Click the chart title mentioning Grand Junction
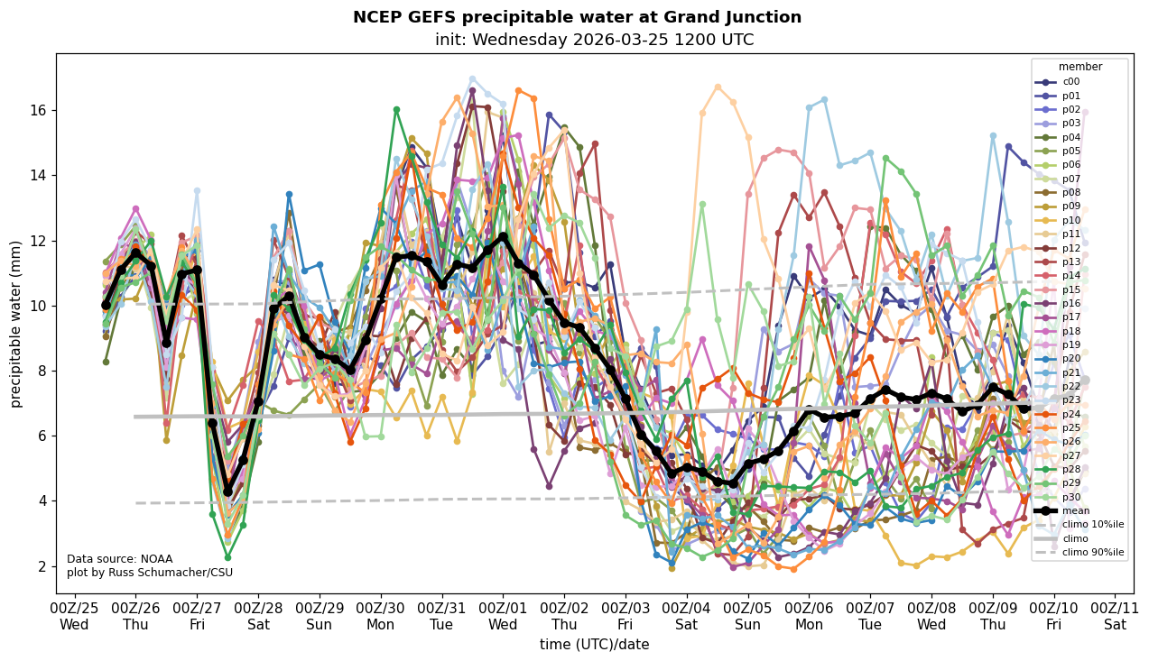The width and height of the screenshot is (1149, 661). click(x=577, y=17)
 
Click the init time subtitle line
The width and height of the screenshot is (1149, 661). click(x=594, y=40)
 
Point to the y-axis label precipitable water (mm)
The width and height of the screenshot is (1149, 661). click(x=16, y=324)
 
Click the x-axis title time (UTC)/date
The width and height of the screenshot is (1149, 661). click(x=594, y=645)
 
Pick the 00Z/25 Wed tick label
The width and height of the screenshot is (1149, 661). click(x=74, y=616)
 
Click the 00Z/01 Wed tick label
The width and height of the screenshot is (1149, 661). click(x=503, y=616)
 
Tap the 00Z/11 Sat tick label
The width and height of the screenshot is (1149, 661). click(x=1115, y=616)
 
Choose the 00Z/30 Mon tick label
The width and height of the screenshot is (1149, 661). click(x=380, y=616)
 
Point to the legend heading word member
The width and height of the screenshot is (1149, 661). click(x=1080, y=67)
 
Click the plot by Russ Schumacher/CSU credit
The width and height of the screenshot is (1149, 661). click(x=149, y=573)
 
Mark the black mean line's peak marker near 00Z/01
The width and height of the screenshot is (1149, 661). click(x=504, y=236)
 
